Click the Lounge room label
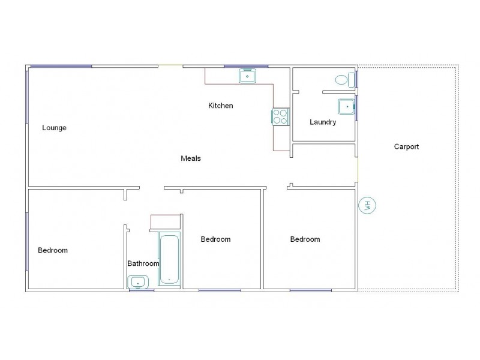point(54,128)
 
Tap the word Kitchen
point(220,106)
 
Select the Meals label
point(191,159)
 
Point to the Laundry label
point(323,122)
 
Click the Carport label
point(406,146)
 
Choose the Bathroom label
point(143,263)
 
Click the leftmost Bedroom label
point(53,251)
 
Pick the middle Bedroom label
point(215,239)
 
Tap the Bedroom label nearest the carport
point(305,239)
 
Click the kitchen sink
point(248,76)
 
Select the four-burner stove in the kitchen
point(280,116)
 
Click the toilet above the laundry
point(343,79)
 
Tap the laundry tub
point(346,106)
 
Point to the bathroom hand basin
point(138,281)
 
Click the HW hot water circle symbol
point(367,205)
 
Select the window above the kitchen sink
point(246,65)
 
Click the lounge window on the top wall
point(61,65)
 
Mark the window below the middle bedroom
point(220,290)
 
